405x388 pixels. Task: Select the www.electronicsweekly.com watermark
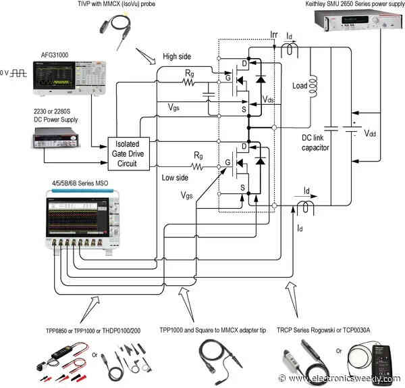coord(351,379)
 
